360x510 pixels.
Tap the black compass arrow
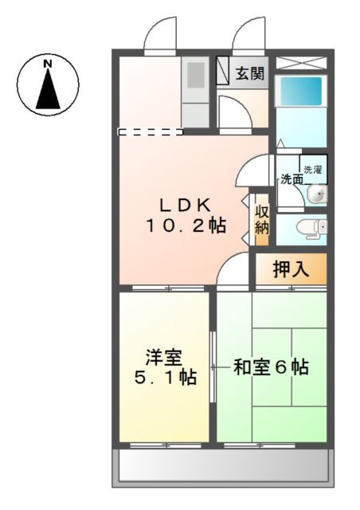click(x=49, y=89)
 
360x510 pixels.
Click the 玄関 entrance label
click(x=250, y=74)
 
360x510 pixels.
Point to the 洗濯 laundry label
click(x=313, y=169)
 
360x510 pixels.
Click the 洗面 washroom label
click(x=291, y=180)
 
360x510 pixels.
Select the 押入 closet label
click(x=290, y=269)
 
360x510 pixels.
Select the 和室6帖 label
click(x=271, y=368)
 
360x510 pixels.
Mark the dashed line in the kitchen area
click(x=150, y=131)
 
